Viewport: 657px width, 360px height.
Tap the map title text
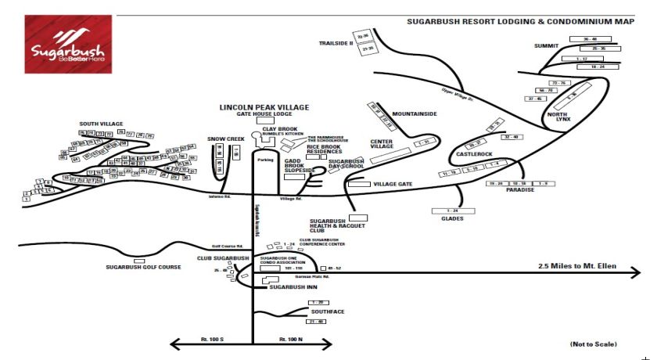point(520,22)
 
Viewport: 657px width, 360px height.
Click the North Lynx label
point(557,118)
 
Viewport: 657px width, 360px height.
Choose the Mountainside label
point(414,114)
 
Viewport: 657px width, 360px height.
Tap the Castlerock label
point(474,154)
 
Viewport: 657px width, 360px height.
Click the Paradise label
point(520,190)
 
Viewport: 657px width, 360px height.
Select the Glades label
point(451,218)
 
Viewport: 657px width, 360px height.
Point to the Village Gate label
point(393,184)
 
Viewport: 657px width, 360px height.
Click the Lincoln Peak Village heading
point(264,107)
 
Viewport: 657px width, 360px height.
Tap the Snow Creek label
point(226,139)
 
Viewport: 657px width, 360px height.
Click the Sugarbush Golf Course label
point(143,267)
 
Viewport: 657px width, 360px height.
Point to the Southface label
point(328,311)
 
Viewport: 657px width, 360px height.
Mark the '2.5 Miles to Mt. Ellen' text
point(577,266)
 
